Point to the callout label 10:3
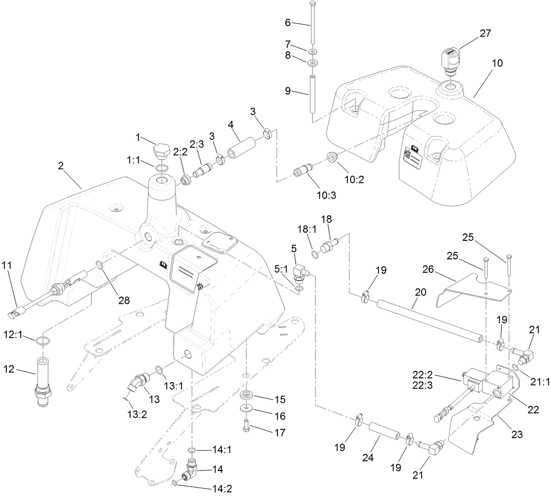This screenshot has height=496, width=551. tap(328, 195)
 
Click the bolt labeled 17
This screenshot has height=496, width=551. tap(247, 425)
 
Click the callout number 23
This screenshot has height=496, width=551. tap(517, 434)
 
